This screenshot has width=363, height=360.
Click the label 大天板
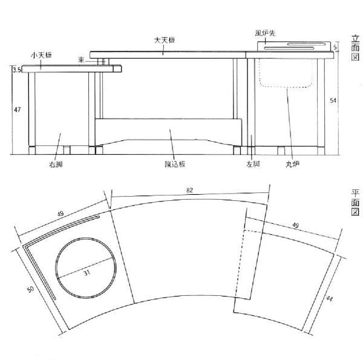[164, 40]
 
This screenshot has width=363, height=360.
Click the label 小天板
[41, 55]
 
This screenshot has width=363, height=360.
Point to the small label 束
[82, 59]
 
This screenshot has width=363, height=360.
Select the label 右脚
[56, 163]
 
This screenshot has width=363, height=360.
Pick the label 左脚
[252, 163]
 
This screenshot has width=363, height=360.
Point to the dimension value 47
[18, 110]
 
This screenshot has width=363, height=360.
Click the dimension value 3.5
[17, 71]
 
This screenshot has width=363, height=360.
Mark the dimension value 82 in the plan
[189, 191]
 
